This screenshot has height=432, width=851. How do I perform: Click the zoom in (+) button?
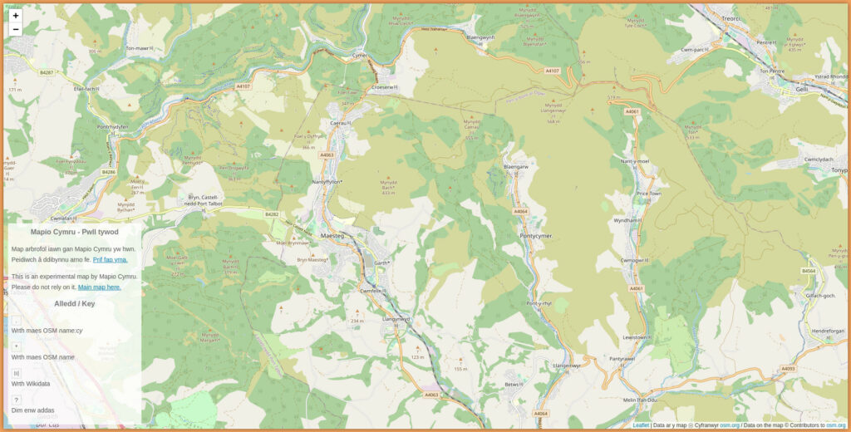[x=16, y=16]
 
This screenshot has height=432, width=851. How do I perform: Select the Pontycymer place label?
[x=536, y=236]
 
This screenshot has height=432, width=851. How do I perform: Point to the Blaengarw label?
[x=516, y=167]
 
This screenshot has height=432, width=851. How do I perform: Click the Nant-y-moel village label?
[x=634, y=161]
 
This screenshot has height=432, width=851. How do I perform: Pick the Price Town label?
[x=648, y=193]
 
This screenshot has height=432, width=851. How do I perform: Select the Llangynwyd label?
[x=396, y=319]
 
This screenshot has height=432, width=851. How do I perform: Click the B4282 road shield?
[x=272, y=214]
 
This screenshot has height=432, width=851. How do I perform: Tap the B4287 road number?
[x=47, y=72]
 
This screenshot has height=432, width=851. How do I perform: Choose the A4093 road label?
[x=788, y=369]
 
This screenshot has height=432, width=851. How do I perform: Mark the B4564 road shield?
[x=809, y=271]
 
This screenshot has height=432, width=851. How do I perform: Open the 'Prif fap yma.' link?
[x=110, y=259]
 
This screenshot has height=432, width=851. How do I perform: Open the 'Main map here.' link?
[x=99, y=287]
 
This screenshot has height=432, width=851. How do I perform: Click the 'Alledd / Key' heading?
[x=74, y=303]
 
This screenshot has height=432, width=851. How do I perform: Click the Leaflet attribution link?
[x=641, y=425]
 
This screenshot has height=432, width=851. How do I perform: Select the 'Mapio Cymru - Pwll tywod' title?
[x=74, y=232]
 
